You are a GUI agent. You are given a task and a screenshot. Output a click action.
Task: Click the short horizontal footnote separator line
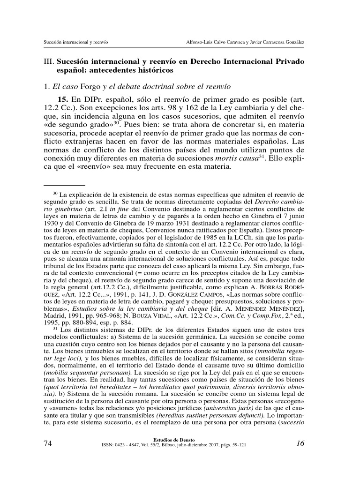tap(67, 185)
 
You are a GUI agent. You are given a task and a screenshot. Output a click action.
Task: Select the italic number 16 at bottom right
tap(300, 443)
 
